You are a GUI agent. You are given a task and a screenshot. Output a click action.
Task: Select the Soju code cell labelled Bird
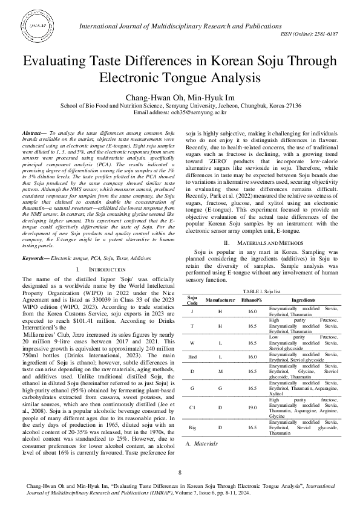[x=192, y=357]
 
